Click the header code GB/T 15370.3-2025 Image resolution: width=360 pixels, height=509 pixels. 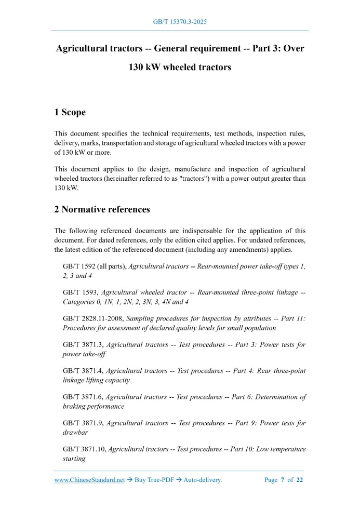click(180, 22)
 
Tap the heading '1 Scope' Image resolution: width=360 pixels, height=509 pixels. click(70, 112)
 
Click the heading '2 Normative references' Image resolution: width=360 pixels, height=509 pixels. click(102, 209)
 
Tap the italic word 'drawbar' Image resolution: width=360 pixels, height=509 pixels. click(76, 433)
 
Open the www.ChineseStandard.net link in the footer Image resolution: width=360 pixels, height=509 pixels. click(89, 480)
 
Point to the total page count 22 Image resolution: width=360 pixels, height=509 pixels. click(300, 480)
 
